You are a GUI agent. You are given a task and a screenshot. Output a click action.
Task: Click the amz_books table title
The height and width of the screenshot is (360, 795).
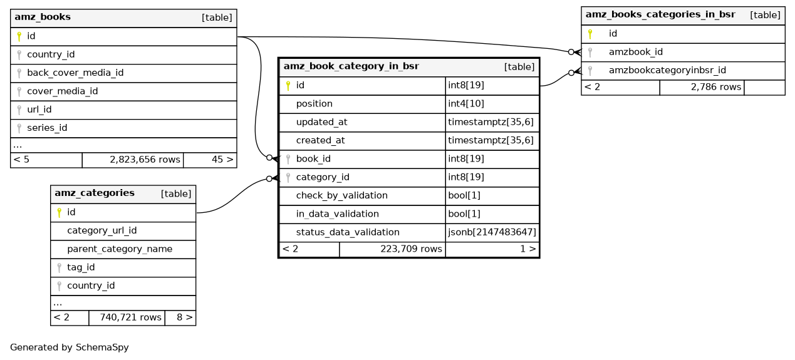click(x=43, y=18)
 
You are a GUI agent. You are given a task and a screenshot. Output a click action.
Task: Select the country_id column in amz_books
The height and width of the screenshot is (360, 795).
click(x=51, y=54)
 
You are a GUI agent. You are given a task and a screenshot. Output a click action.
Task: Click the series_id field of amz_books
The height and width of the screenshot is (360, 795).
click(x=47, y=128)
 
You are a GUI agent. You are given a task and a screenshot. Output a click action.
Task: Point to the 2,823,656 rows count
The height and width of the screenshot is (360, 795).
click(x=145, y=160)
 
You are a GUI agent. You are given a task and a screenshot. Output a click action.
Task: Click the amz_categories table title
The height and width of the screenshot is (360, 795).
click(x=95, y=193)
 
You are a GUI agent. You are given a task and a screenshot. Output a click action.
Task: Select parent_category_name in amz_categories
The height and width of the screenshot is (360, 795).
click(x=120, y=249)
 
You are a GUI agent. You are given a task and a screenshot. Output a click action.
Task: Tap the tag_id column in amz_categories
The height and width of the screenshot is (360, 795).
click(x=81, y=267)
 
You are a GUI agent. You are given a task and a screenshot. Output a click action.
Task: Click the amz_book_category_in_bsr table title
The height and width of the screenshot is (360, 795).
click(x=351, y=66)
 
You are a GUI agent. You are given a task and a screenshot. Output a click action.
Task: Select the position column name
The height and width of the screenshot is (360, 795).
click(x=314, y=103)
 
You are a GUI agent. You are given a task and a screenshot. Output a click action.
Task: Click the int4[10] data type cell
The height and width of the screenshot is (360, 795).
click(x=466, y=103)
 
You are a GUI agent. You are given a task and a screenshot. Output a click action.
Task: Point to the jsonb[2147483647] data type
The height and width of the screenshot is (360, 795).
click(x=492, y=232)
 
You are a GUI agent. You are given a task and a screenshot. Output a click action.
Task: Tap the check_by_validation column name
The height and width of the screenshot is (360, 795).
click(x=341, y=195)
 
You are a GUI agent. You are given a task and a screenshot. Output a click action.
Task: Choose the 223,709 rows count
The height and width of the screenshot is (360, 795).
click(x=411, y=249)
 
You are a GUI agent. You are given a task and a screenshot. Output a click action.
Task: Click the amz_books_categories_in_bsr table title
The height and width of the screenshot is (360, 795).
click(x=660, y=14)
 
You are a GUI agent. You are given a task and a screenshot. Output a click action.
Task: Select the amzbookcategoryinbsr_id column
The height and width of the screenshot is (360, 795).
click(x=667, y=70)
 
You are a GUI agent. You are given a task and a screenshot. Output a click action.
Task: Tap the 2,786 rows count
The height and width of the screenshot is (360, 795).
click(x=716, y=87)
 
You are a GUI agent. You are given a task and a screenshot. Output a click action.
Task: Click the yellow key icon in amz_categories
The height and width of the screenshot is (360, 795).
click(x=59, y=213)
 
